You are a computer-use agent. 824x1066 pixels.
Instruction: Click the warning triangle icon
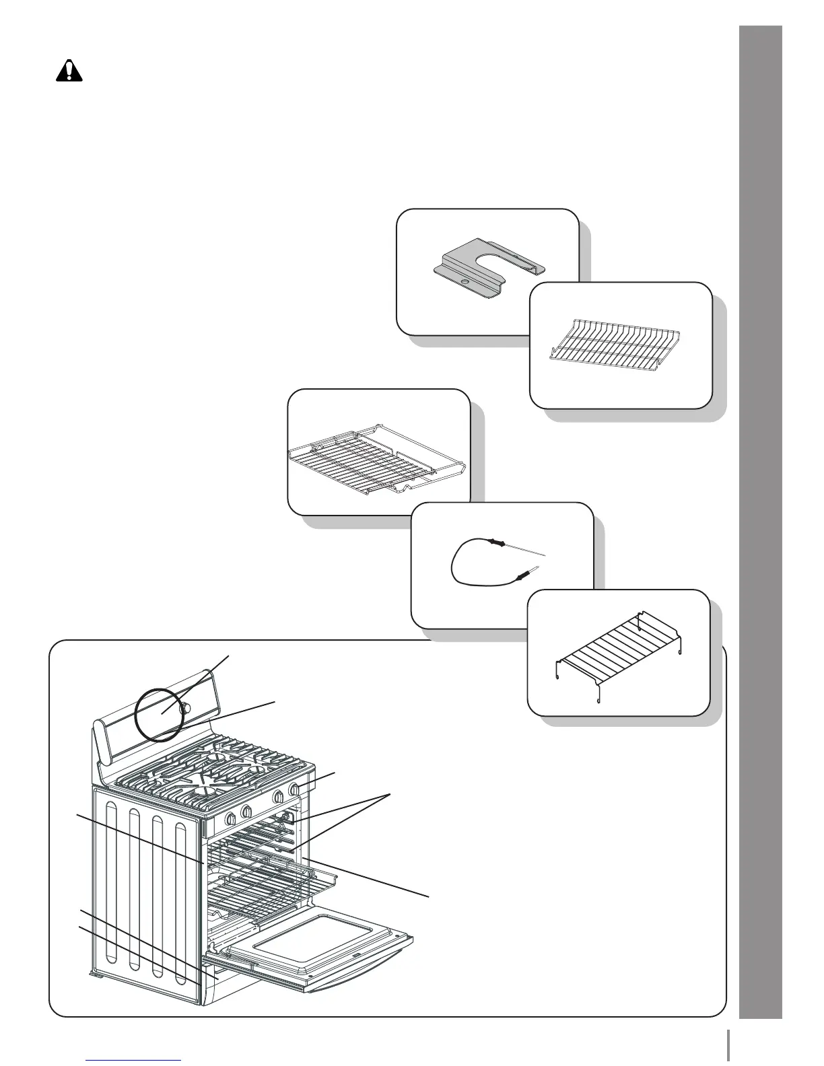pos(68,71)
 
